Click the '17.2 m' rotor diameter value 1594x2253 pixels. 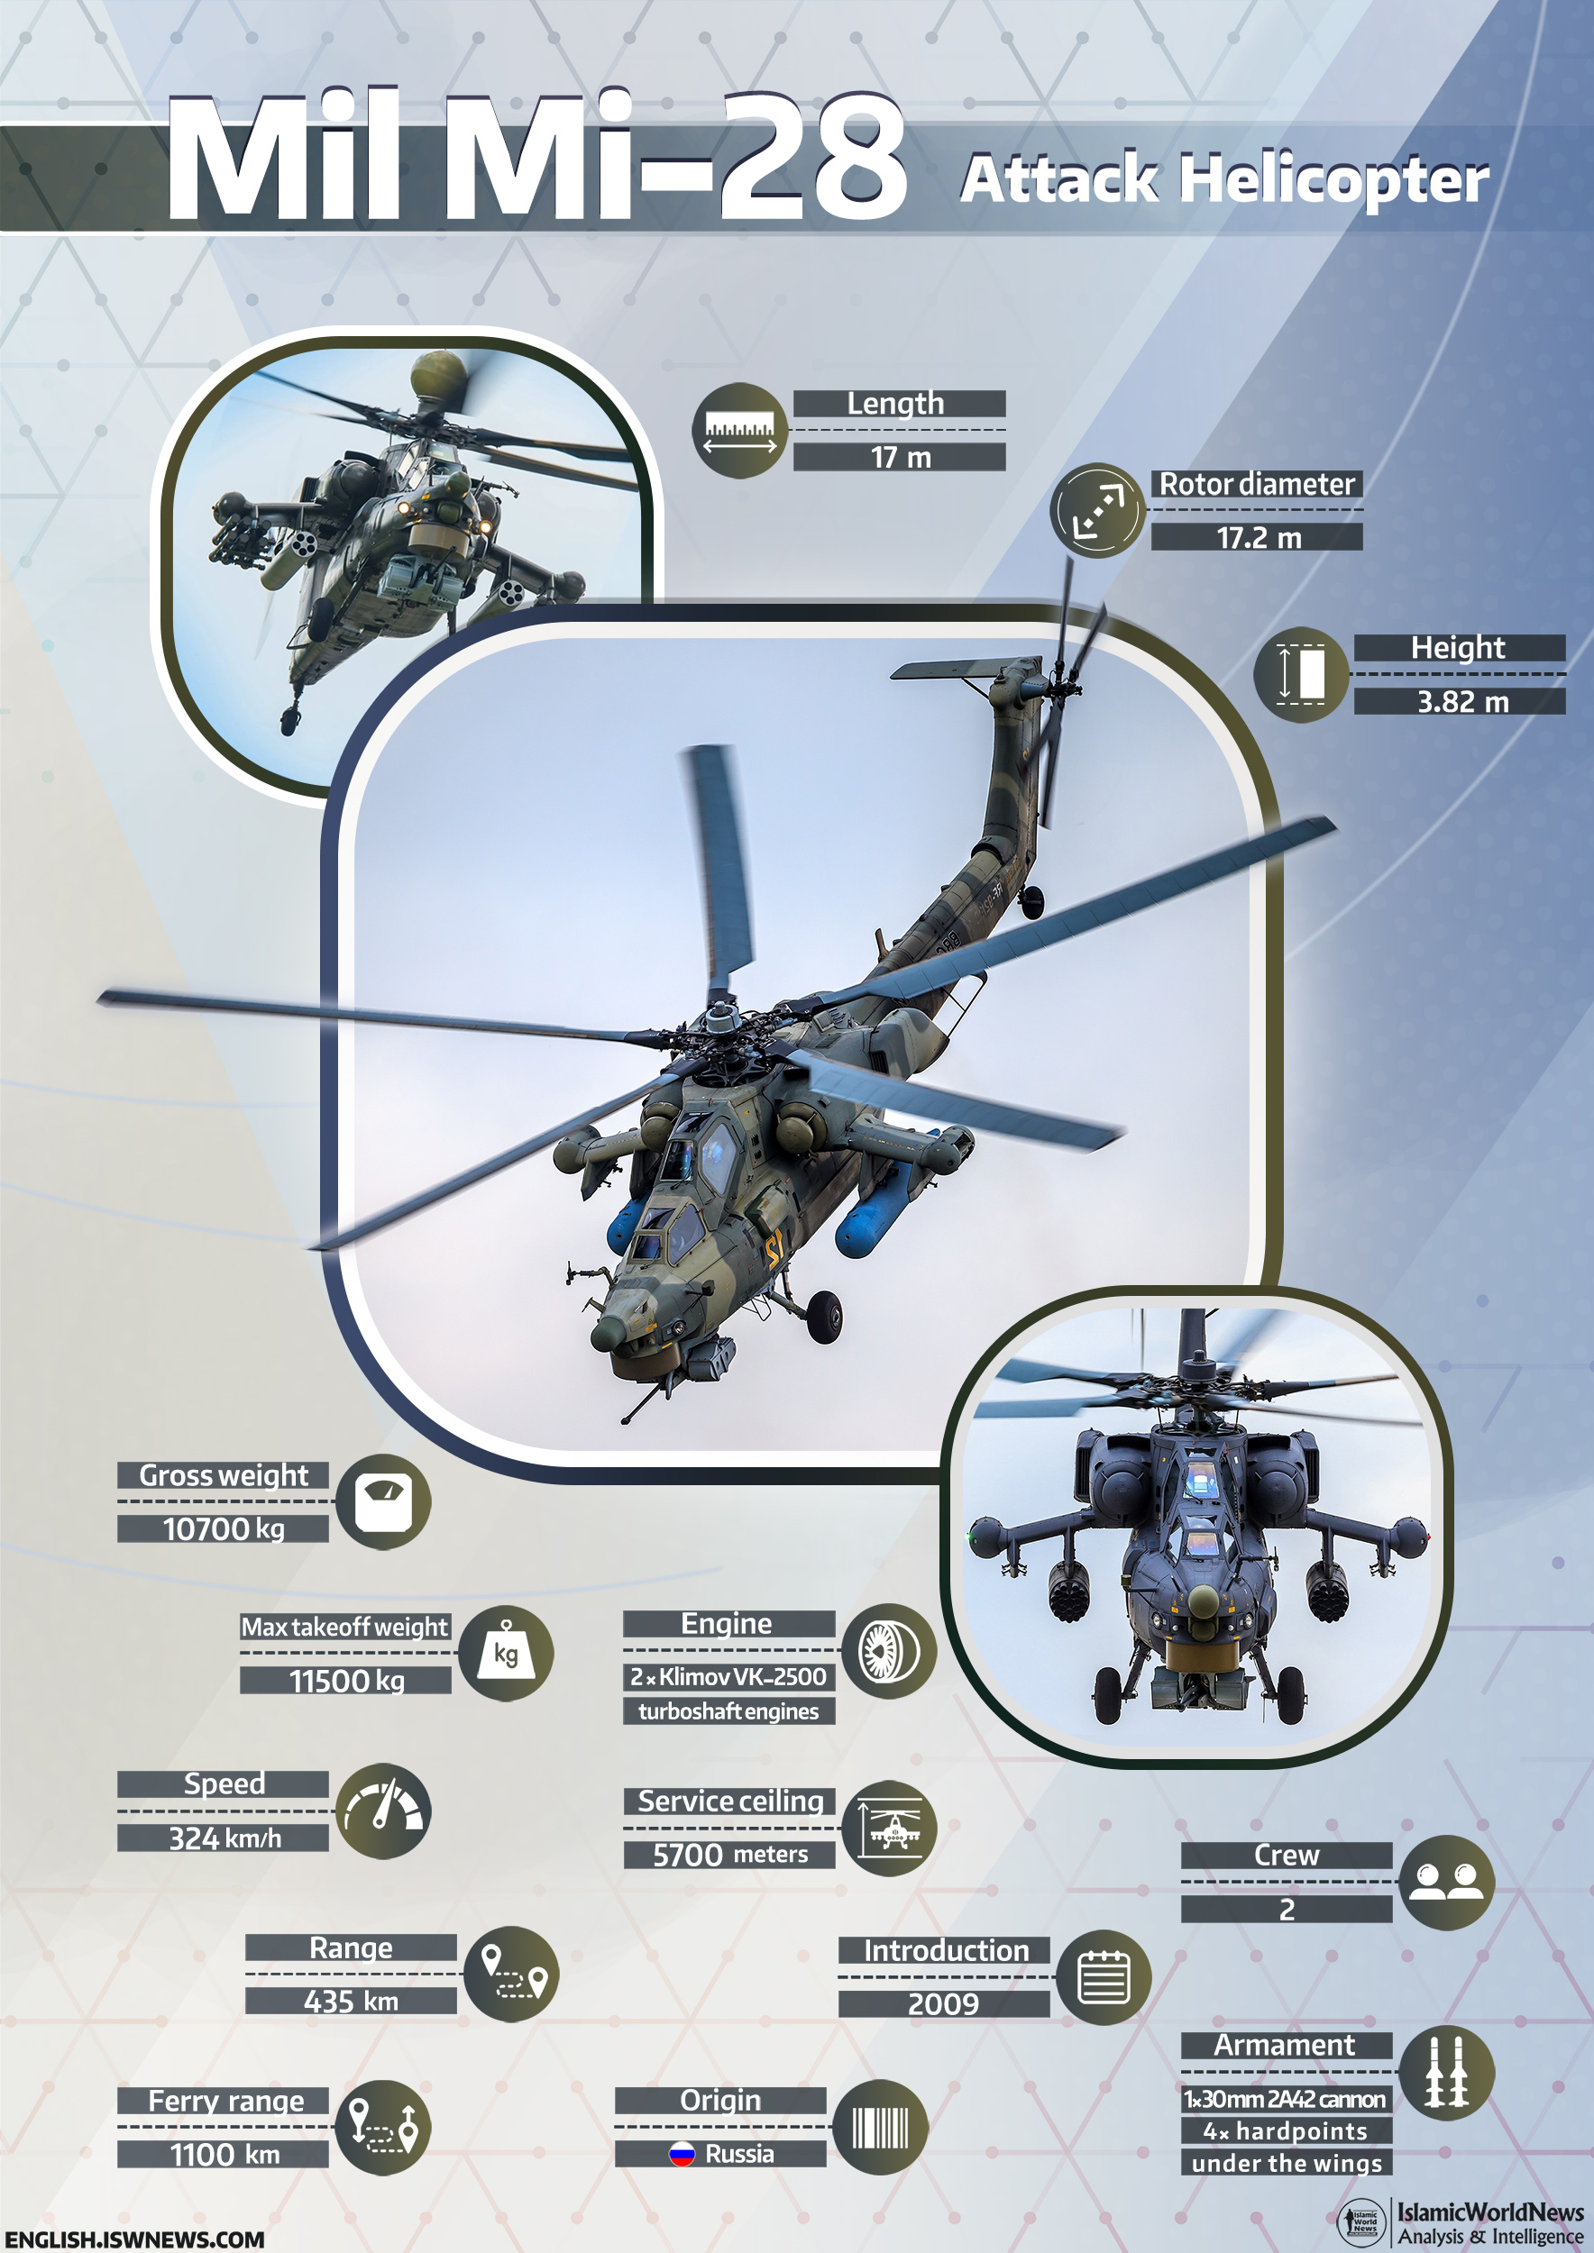tap(1259, 538)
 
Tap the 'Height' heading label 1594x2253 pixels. tap(1458, 648)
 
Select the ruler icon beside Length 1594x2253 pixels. tap(740, 431)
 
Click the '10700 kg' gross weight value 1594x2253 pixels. tap(224, 1528)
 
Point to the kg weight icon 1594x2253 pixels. tap(506, 1654)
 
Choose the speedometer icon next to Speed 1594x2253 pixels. tap(383, 1811)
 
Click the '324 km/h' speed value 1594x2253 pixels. tap(224, 1838)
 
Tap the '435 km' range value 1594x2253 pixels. tap(352, 2001)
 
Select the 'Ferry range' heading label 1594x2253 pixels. tap(225, 2100)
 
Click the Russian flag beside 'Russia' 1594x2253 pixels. tap(682, 2154)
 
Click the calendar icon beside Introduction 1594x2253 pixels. tap(1104, 1977)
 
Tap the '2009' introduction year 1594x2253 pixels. tap(943, 2003)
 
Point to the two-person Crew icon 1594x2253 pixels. tap(1447, 1882)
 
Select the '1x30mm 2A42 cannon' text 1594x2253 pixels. tap(1285, 2099)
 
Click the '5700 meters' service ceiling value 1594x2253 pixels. tap(730, 1855)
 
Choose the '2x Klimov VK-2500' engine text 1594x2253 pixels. tap(728, 1677)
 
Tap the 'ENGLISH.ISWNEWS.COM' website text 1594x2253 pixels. tap(135, 2239)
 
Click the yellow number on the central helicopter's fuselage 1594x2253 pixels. tap(775, 1251)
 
